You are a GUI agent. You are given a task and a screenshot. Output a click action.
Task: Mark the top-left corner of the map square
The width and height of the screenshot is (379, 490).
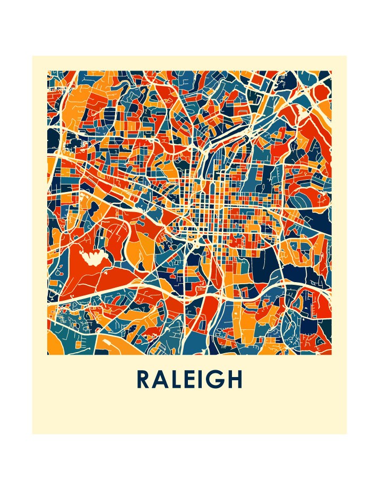(x=47, y=71)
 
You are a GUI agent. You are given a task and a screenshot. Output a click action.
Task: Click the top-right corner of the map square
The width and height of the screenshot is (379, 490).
(x=332, y=71)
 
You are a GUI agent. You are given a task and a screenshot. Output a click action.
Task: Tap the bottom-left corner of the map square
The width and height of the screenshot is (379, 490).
(x=47, y=355)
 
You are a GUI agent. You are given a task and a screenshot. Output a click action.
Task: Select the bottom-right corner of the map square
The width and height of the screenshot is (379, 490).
(x=332, y=355)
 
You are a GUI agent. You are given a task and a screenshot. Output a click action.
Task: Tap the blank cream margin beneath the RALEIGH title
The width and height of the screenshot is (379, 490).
(x=189, y=414)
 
